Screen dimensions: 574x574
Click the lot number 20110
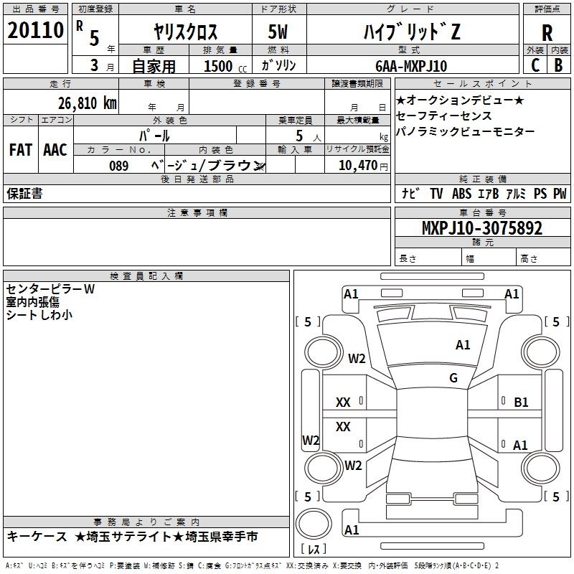[35, 30]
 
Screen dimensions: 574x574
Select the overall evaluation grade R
[547, 32]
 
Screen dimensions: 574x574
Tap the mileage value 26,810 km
[87, 103]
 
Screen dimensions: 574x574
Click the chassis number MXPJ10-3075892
[482, 228]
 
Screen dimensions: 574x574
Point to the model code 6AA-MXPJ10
[411, 66]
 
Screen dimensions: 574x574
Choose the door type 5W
[278, 32]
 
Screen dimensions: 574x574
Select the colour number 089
[119, 166]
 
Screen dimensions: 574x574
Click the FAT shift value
[21, 150]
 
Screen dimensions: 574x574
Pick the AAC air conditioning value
[55, 150]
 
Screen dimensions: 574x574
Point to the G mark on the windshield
[453, 377]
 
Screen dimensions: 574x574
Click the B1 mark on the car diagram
[521, 403]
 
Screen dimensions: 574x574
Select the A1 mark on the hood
[463, 345]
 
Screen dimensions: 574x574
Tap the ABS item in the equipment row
[461, 194]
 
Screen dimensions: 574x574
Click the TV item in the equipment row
[436, 194]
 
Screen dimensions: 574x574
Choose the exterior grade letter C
[535, 65]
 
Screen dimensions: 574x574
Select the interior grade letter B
[558, 65]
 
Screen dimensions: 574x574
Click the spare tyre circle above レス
[314, 524]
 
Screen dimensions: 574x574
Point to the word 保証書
[24, 193]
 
